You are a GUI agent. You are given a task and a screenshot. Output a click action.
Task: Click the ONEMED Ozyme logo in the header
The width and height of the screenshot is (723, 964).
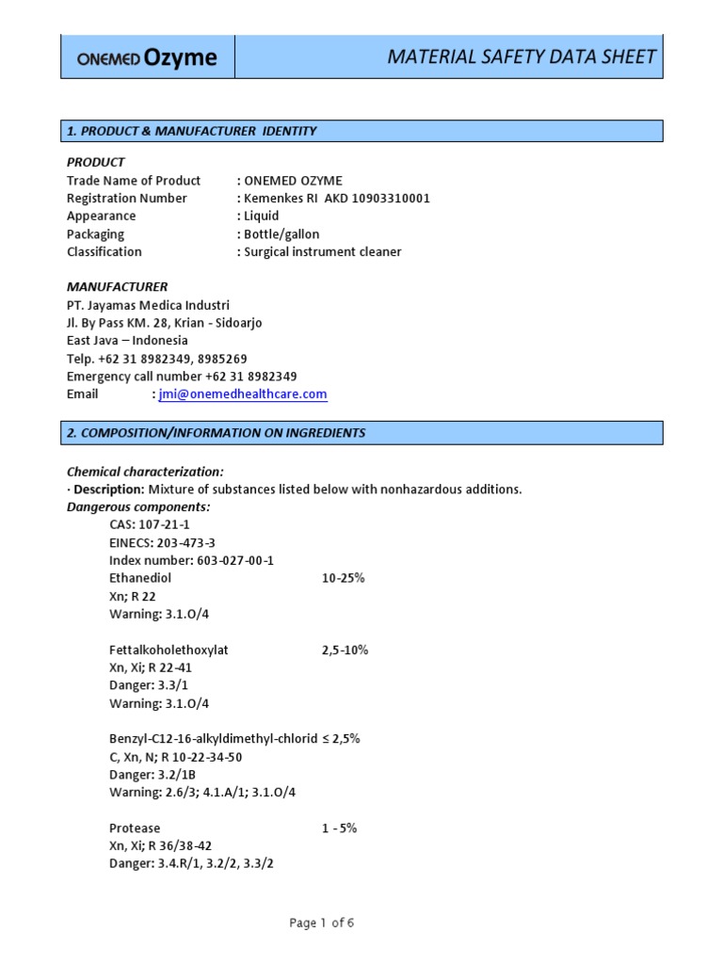[x=147, y=58]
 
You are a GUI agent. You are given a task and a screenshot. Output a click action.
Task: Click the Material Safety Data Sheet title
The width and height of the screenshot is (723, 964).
[x=522, y=57]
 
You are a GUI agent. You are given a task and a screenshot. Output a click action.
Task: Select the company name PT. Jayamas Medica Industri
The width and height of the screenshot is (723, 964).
[x=148, y=305]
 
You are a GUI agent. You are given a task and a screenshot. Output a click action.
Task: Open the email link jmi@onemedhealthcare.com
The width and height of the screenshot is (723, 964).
[x=243, y=395]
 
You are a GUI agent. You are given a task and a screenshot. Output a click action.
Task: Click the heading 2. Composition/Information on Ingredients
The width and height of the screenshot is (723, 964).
[x=216, y=433]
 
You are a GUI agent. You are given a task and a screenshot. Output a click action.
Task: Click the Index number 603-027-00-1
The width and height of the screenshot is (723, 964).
[x=191, y=560]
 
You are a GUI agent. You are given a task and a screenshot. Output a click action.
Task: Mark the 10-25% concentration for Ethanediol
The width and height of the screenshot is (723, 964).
[x=343, y=578]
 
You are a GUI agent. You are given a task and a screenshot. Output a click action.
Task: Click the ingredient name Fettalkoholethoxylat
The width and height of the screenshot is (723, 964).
[x=169, y=650]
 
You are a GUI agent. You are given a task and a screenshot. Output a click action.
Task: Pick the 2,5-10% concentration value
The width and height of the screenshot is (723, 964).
[x=345, y=650]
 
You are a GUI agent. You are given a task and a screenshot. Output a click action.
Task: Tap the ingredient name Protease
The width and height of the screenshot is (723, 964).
[x=136, y=828]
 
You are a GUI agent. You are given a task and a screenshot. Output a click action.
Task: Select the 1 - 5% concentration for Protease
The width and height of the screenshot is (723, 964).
[x=339, y=828]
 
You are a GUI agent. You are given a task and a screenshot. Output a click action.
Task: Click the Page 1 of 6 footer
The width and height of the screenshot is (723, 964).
[x=322, y=924]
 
